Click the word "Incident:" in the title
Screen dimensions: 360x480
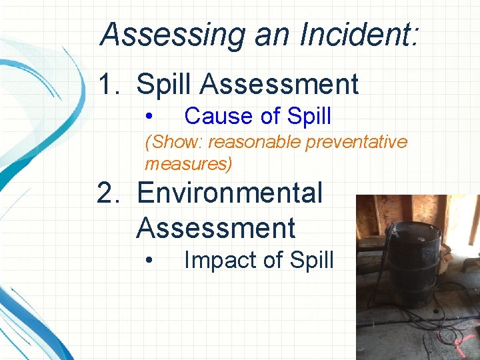(360, 35)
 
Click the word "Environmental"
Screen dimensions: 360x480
(229, 193)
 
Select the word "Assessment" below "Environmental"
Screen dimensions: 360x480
(216, 228)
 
